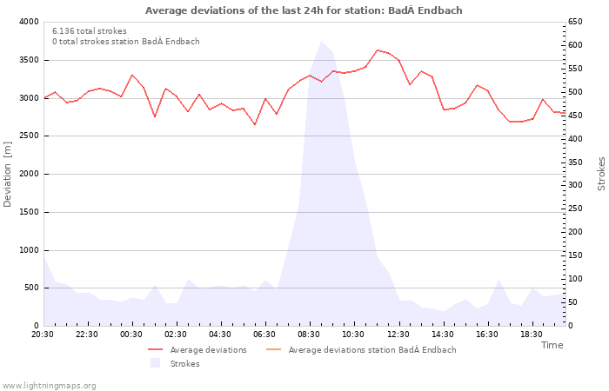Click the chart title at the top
click(x=304, y=10)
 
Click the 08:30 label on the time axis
click(x=309, y=335)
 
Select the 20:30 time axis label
click(x=43, y=335)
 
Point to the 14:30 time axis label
click(x=442, y=335)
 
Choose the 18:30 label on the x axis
click(x=531, y=335)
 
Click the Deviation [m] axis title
click(x=9, y=174)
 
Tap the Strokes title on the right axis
click(x=601, y=174)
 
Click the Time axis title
click(x=552, y=345)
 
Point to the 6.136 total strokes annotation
click(x=90, y=31)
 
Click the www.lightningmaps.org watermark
click(x=50, y=386)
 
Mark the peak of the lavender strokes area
click(x=321, y=42)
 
